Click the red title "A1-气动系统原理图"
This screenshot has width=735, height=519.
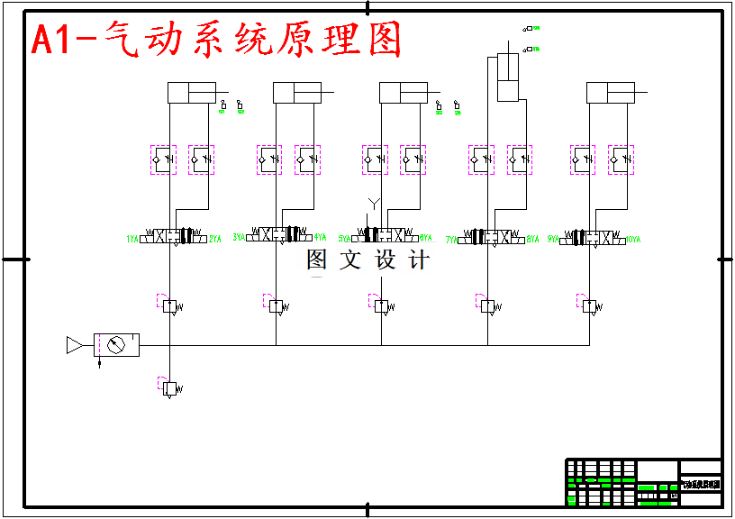point(216,41)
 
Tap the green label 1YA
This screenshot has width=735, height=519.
point(132,240)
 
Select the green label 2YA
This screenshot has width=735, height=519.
point(215,240)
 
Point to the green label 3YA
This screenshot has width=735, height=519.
point(239,238)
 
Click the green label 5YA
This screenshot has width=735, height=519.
point(344,239)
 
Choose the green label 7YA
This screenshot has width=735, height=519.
point(451,240)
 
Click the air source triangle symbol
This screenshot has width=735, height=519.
point(75,345)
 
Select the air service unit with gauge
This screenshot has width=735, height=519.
point(116,345)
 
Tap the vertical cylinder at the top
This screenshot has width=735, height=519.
point(508,77)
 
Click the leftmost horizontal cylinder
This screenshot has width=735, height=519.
point(191,93)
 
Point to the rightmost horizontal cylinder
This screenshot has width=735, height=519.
point(610,93)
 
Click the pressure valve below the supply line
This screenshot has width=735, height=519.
point(169,388)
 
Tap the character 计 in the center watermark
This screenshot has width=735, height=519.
point(419,260)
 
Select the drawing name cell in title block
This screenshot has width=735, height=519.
point(700,485)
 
